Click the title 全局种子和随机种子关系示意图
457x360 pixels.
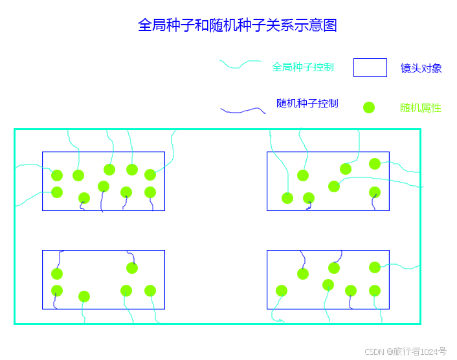[238, 25]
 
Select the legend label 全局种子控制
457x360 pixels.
[303, 67]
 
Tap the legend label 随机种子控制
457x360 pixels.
[307, 103]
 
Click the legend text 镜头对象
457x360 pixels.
[421, 69]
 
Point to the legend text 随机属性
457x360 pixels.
[421, 108]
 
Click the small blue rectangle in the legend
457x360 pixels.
[370, 67]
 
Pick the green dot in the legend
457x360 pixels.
[369, 107]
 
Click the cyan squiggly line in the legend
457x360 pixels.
[240, 65]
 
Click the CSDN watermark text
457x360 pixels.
[405, 352]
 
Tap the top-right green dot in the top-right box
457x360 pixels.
[375, 164]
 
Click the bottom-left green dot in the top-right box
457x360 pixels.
[287, 198]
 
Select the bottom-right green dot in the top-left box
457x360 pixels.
[150, 192]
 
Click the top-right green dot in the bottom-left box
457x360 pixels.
[132, 268]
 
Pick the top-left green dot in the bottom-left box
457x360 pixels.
[57, 274]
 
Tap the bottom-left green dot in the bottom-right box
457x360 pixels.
[282, 291]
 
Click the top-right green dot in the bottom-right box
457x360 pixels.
[375, 267]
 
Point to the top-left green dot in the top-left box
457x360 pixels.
[57, 175]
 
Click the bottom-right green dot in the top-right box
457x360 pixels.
[375, 192]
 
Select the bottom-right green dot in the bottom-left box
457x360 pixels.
[150, 291]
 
